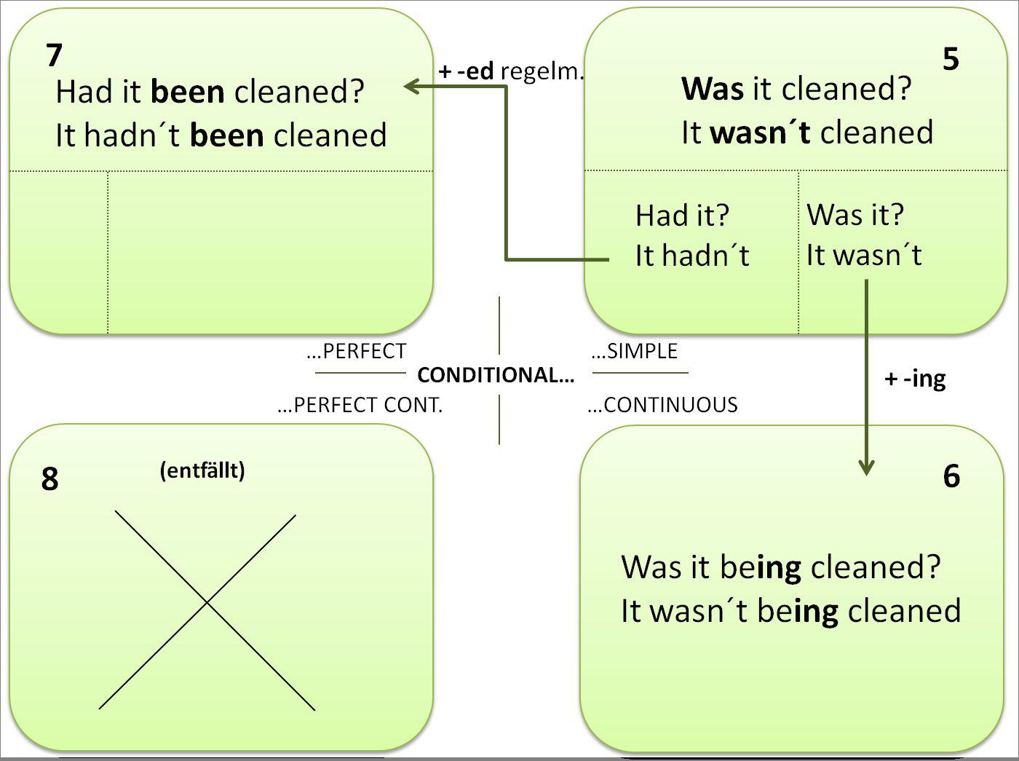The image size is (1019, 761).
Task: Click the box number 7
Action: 54,55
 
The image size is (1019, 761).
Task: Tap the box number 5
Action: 951,59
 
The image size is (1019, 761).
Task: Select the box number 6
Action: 951,476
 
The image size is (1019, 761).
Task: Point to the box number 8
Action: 49,479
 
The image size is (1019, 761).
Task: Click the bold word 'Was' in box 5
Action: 713,89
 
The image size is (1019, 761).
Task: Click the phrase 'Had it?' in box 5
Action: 682,216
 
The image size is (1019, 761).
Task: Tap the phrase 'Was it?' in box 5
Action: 855,215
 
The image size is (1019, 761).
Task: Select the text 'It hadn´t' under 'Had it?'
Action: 691,256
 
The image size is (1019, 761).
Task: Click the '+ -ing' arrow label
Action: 915,379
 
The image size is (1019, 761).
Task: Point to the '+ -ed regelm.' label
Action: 511,71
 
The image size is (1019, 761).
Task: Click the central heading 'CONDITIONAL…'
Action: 496,375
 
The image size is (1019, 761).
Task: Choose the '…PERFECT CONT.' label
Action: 360,405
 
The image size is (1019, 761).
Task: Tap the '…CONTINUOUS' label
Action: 662,405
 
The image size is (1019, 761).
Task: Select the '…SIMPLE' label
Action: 635,351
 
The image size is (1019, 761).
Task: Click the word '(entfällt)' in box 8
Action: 202,470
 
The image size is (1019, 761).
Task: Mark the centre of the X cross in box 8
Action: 207,602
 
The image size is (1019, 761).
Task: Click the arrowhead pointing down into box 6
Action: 866,467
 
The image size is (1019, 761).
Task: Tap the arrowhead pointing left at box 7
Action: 412,87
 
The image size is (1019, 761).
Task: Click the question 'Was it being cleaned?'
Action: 780,567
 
